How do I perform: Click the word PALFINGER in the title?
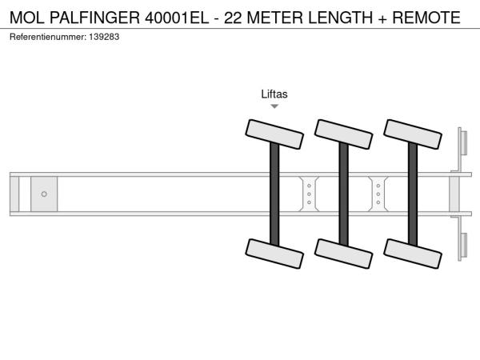tap(94, 18)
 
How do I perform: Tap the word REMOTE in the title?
tap(426, 18)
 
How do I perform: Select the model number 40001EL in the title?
tap(177, 18)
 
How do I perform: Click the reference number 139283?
tap(104, 37)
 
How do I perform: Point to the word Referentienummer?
tap(48, 37)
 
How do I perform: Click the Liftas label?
tap(274, 94)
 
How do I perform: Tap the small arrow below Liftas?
tap(274, 106)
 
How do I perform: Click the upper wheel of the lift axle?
tap(274, 134)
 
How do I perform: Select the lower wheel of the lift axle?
tap(274, 254)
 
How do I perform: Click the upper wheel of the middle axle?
tap(344, 134)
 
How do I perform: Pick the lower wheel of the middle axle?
tap(344, 254)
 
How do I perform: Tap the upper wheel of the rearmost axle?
tap(413, 134)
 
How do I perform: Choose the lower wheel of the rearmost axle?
tap(413, 254)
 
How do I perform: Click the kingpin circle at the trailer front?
tap(44, 194)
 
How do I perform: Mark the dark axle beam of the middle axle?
tap(344, 194)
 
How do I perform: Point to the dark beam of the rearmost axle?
tap(413, 194)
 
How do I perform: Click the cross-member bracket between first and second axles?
tap(309, 194)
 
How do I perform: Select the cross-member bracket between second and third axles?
tap(378, 194)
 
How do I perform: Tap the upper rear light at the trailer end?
tap(462, 142)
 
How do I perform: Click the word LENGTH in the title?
tap(340, 18)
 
